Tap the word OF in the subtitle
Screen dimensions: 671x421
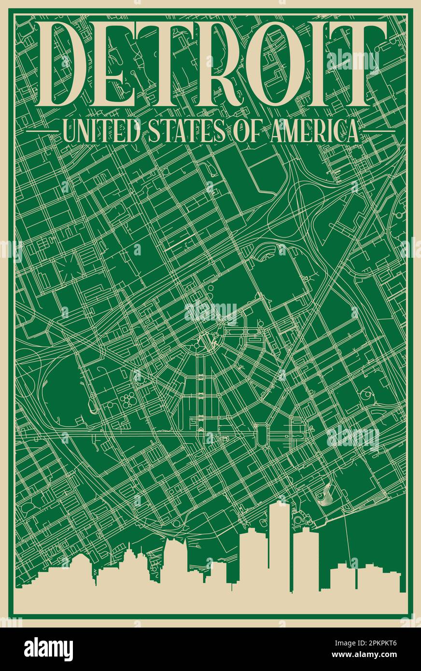coord(247,131)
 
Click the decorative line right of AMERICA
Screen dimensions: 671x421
coord(379,131)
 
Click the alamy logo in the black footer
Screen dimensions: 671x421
coord(48,649)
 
